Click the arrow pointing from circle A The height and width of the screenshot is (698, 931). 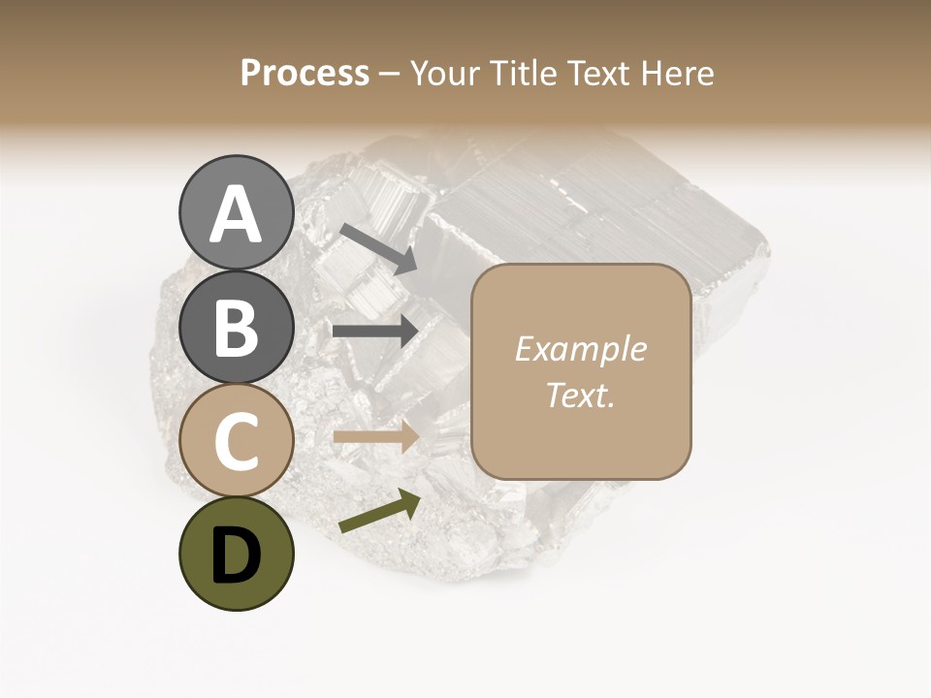378,248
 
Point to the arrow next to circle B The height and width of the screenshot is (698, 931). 376,331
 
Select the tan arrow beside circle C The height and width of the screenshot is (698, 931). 376,436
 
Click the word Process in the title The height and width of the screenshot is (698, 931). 305,73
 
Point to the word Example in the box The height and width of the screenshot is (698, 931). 581,349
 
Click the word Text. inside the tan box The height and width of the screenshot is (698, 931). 581,395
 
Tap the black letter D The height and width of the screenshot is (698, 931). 236,555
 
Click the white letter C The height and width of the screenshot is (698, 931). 236,441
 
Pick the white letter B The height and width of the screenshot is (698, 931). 236,328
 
